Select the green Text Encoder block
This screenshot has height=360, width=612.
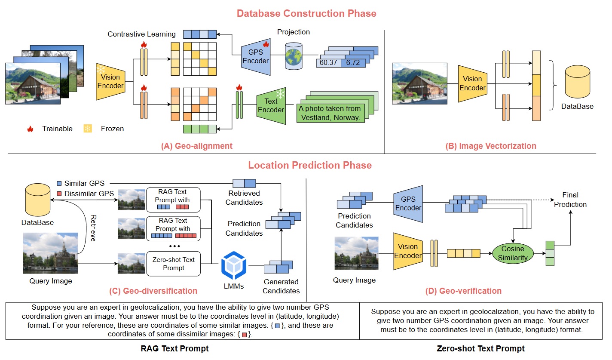pyautogui.click(x=271, y=106)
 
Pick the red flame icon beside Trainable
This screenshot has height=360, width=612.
pyautogui.click(x=30, y=129)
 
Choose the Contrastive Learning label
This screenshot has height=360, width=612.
pyautogui.click(x=141, y=34)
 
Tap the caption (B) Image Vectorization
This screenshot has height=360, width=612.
pyautogui.click(x=491, y=146)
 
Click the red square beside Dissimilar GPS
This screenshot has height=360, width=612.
pyautogui.click(x=59, y=194)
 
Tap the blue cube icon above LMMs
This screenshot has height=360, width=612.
pyautogui.click(x=234, y=266)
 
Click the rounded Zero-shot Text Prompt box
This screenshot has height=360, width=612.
pyautogui.click(x=174, y=264)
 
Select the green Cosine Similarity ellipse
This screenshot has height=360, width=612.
pyautogui.click(x=513, y=253)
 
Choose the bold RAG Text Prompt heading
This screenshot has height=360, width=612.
pyautogui.click(x=174, y=348)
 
